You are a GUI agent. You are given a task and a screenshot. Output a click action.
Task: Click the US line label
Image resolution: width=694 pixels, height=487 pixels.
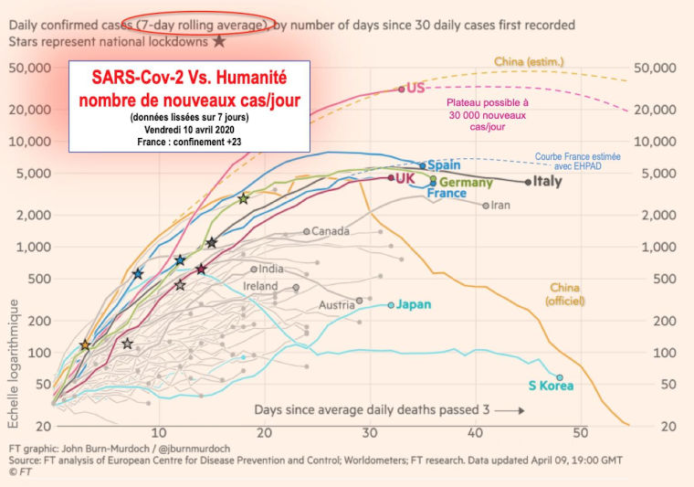click(x=415, y=89)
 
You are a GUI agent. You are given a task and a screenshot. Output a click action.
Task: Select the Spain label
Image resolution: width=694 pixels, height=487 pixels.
click(x=444, y=165)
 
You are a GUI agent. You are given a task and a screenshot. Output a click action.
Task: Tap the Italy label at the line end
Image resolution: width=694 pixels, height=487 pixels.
click(x=547, y=181)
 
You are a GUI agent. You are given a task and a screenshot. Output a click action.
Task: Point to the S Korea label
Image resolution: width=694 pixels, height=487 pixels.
click(x=552, y=386)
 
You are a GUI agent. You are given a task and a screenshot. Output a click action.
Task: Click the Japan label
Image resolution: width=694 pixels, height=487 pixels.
click(x=413, y=304)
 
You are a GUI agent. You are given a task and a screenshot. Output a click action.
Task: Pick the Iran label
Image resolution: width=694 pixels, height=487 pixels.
click(x=500, y=205)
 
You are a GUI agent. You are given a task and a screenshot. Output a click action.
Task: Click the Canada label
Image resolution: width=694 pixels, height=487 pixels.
click(x=330, y=231)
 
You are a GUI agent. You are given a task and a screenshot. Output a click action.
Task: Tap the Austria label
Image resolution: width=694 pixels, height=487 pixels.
click(x=336, y=304)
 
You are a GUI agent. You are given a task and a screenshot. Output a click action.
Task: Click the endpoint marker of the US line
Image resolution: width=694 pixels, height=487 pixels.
click(x=401, y=89)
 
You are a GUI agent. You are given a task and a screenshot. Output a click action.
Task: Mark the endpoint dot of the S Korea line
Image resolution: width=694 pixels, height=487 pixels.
click(x=560, y=376)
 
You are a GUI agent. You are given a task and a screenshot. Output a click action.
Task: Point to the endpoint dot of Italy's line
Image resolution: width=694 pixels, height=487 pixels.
click(x=528, y=182)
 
